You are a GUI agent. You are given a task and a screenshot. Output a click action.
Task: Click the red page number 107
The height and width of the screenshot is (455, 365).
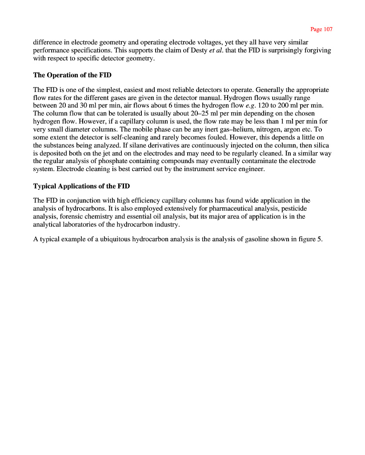(321, 29)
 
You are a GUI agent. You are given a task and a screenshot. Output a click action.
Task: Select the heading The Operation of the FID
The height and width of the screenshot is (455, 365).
(72, 75)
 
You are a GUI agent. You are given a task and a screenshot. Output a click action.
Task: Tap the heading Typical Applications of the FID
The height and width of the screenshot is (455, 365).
(81, 186)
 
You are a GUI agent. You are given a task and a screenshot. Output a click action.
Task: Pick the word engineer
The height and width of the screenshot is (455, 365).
(252, 169)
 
